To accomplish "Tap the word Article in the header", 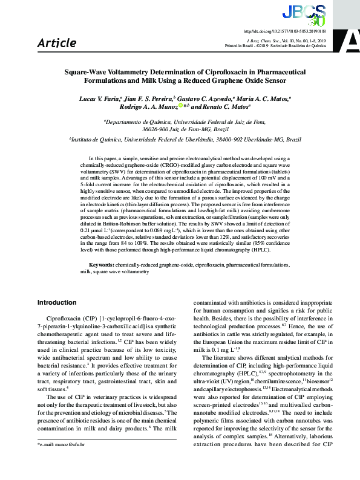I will coord(57,43).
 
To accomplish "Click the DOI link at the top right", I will coord(293,30).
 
